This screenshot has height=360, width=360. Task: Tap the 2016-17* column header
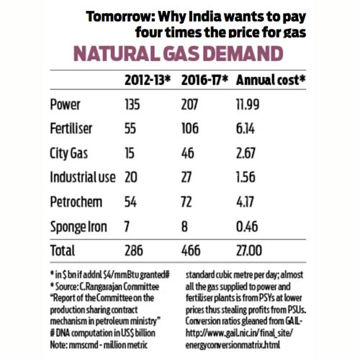202,78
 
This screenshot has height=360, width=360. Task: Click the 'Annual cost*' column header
273,78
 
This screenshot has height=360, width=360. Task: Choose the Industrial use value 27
187,176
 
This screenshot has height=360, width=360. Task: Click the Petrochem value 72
188,202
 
